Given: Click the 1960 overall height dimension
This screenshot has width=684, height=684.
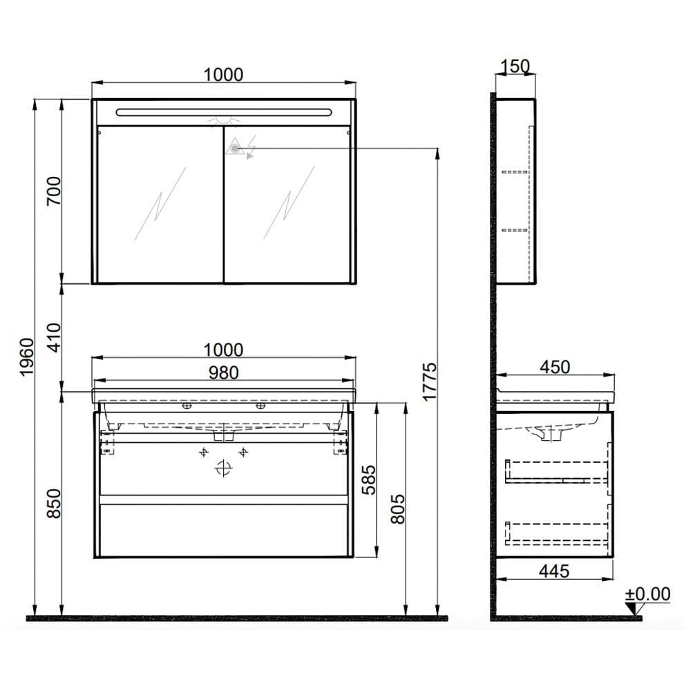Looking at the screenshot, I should tap(26, 357).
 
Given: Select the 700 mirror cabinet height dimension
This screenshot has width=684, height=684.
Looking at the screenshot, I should tap(54, 191).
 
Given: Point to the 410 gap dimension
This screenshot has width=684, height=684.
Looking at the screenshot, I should tap(54, 336).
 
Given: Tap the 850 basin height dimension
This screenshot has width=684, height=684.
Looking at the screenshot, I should tap(54, 504).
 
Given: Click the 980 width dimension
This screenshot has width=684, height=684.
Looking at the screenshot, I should tap(224, 372).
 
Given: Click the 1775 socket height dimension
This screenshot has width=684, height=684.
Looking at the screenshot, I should tap(429, 381).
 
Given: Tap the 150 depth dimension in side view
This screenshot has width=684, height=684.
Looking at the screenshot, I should tap(515, 66).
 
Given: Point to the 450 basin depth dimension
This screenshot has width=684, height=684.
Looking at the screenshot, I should tap(555, 367).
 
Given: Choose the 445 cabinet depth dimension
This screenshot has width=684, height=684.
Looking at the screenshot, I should tap(554, 571).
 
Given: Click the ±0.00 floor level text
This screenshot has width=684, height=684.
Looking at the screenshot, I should tap(647, 594).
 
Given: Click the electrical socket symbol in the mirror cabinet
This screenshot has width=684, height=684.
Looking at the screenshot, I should tap(236, 146).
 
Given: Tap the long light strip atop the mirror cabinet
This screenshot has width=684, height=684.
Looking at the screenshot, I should tap(224, 111).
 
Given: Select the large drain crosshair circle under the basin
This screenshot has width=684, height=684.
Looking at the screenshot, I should tap(222, 468).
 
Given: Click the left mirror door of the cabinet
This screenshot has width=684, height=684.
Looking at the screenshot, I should tap(160, 204).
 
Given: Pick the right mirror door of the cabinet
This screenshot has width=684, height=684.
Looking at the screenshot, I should tap(288, 204).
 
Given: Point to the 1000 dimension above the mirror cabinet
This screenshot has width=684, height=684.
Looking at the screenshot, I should tap(224, 74).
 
